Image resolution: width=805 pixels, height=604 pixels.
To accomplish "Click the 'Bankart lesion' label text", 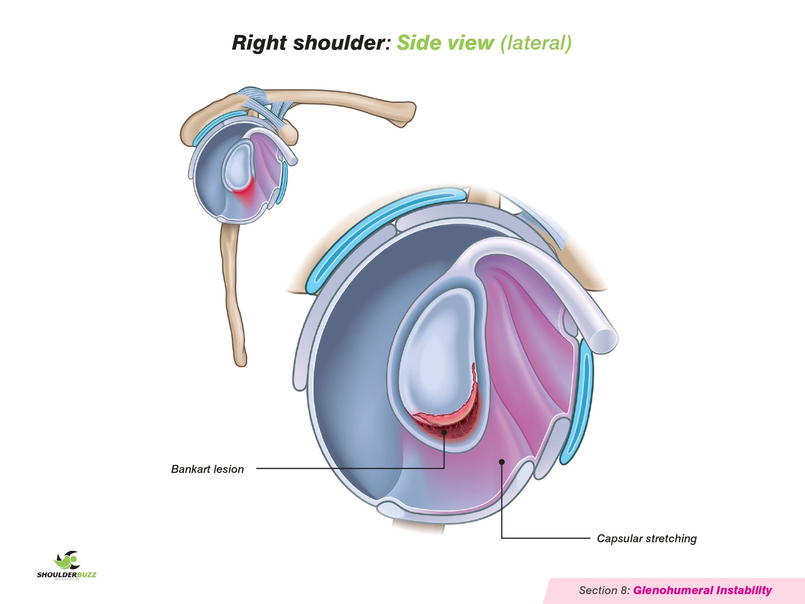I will point(208,469).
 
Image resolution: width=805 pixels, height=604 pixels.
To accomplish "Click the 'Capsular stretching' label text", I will point(647,538).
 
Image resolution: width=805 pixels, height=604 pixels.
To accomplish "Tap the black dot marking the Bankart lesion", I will point(444,432).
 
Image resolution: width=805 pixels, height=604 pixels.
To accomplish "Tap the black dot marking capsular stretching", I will point(502,462).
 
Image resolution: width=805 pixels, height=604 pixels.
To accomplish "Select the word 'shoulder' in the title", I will point(339,43).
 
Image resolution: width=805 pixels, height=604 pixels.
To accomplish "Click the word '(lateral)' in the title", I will point(536,43).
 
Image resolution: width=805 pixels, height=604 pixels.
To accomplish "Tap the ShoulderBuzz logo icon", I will point(67,560).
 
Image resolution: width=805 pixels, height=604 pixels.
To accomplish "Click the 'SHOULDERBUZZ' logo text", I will point(67,575).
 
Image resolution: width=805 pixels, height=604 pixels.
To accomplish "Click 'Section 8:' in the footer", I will point(604,591).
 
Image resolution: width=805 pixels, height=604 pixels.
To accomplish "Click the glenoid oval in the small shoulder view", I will point(237,166).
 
